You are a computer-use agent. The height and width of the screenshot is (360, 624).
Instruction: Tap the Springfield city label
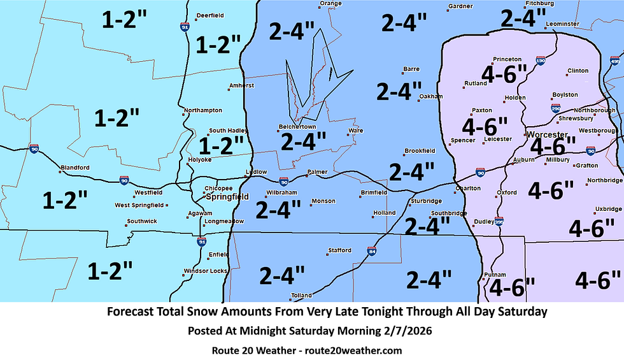[227, 197]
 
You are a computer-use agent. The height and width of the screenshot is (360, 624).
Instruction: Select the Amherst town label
[243, 85]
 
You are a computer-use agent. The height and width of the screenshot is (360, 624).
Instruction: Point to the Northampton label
[202, 110]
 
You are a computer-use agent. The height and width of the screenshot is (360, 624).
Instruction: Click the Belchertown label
[297, 126]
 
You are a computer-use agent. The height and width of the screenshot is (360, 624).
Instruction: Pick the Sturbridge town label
[427, 201]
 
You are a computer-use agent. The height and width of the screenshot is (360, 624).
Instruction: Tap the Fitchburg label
[540, 3]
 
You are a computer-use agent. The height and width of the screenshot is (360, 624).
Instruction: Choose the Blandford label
[74, 168]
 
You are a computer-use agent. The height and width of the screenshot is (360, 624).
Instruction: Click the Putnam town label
[495, 274]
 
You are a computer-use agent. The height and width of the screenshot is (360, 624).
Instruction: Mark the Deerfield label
[209, 15]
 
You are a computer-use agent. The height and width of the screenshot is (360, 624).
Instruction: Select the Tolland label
[302, 295]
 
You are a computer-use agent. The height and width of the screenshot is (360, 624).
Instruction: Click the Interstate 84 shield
[371, 252]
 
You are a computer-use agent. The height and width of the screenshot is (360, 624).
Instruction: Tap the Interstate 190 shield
[540, 61]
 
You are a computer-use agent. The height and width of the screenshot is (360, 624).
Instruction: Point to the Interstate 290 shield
[556, 108]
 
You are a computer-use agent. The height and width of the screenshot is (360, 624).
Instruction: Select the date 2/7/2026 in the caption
[413, 331]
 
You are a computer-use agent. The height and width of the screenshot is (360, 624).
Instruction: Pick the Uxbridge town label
[608, 208]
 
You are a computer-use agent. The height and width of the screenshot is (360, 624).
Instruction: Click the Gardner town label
[460, 6]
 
